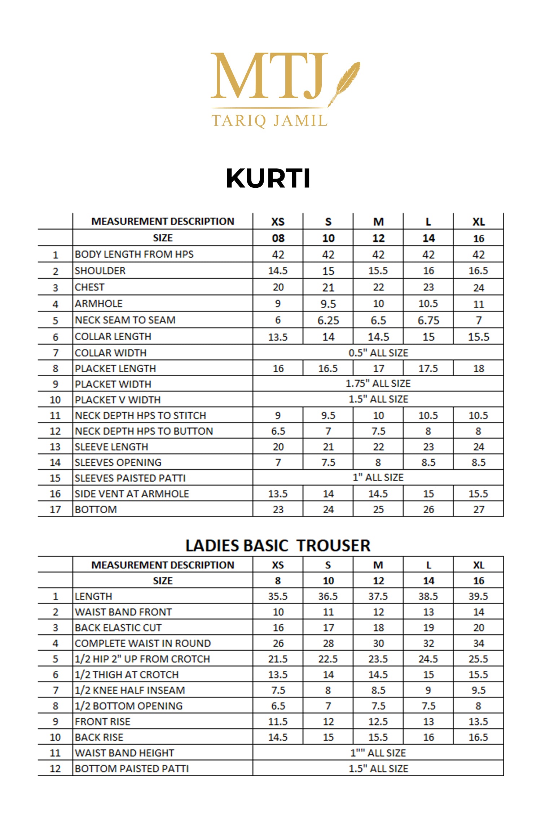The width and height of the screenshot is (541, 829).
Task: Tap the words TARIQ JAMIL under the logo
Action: coord(269,121)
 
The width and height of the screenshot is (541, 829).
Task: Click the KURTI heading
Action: coord(268,178)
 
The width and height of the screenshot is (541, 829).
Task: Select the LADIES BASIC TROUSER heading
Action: coord(278,546)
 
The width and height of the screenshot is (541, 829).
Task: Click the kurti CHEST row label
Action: coord(90,287)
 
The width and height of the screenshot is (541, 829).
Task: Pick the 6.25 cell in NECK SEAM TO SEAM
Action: coord(328,320)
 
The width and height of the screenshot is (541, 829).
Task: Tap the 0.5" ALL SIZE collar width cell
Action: coord(378,353)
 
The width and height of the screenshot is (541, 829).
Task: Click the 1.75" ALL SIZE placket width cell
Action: coord(378,384)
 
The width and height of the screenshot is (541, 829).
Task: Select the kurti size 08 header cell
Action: coord(278,238)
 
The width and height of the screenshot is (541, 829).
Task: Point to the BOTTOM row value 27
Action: coord(479,509)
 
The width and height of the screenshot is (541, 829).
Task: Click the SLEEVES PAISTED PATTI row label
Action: coord(130,478)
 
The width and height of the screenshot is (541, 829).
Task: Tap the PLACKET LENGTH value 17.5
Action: coord(428,368)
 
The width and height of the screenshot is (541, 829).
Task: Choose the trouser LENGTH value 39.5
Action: coord(478,597)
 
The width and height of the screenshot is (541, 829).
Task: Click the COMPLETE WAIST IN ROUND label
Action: coord(143,643)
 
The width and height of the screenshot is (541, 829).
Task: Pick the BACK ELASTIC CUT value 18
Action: coord(378,628)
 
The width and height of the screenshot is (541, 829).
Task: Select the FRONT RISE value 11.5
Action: coord(278,722)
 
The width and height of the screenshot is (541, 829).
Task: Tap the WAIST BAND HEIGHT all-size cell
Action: coord(378,753)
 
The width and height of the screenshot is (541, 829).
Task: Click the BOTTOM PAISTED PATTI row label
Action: coord(132,768)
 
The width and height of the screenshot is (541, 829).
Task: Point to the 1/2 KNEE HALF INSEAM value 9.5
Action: coord(478,690)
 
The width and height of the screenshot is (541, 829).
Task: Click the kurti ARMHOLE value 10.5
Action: coord(428,304)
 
